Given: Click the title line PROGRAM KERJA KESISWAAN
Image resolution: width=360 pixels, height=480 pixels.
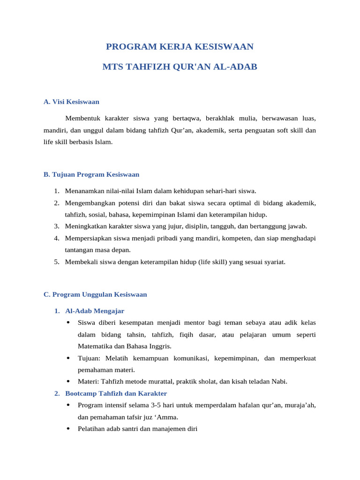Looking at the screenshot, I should coord(180,46).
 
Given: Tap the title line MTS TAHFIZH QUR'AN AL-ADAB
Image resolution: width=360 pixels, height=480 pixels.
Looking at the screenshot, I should coord(180,67).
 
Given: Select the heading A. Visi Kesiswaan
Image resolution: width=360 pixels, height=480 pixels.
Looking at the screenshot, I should coord(71,101).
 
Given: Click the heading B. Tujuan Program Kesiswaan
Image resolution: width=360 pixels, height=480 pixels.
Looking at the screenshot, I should coord(91,174).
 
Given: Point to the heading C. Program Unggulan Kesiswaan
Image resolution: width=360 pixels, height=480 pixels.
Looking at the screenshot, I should coord(95,294).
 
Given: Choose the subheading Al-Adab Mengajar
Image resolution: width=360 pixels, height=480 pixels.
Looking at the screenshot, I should coord(95,311).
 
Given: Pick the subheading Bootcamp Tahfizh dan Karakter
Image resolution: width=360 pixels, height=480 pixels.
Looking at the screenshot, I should coord(116,393).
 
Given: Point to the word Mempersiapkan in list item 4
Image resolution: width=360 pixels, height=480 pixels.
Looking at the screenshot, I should coord(87,238).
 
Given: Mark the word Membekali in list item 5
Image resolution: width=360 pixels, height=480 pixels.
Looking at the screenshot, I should coord(80,262).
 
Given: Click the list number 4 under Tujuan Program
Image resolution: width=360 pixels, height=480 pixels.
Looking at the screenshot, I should coord(56,238).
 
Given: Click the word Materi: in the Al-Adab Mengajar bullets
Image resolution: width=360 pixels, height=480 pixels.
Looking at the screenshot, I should coord(88,382).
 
